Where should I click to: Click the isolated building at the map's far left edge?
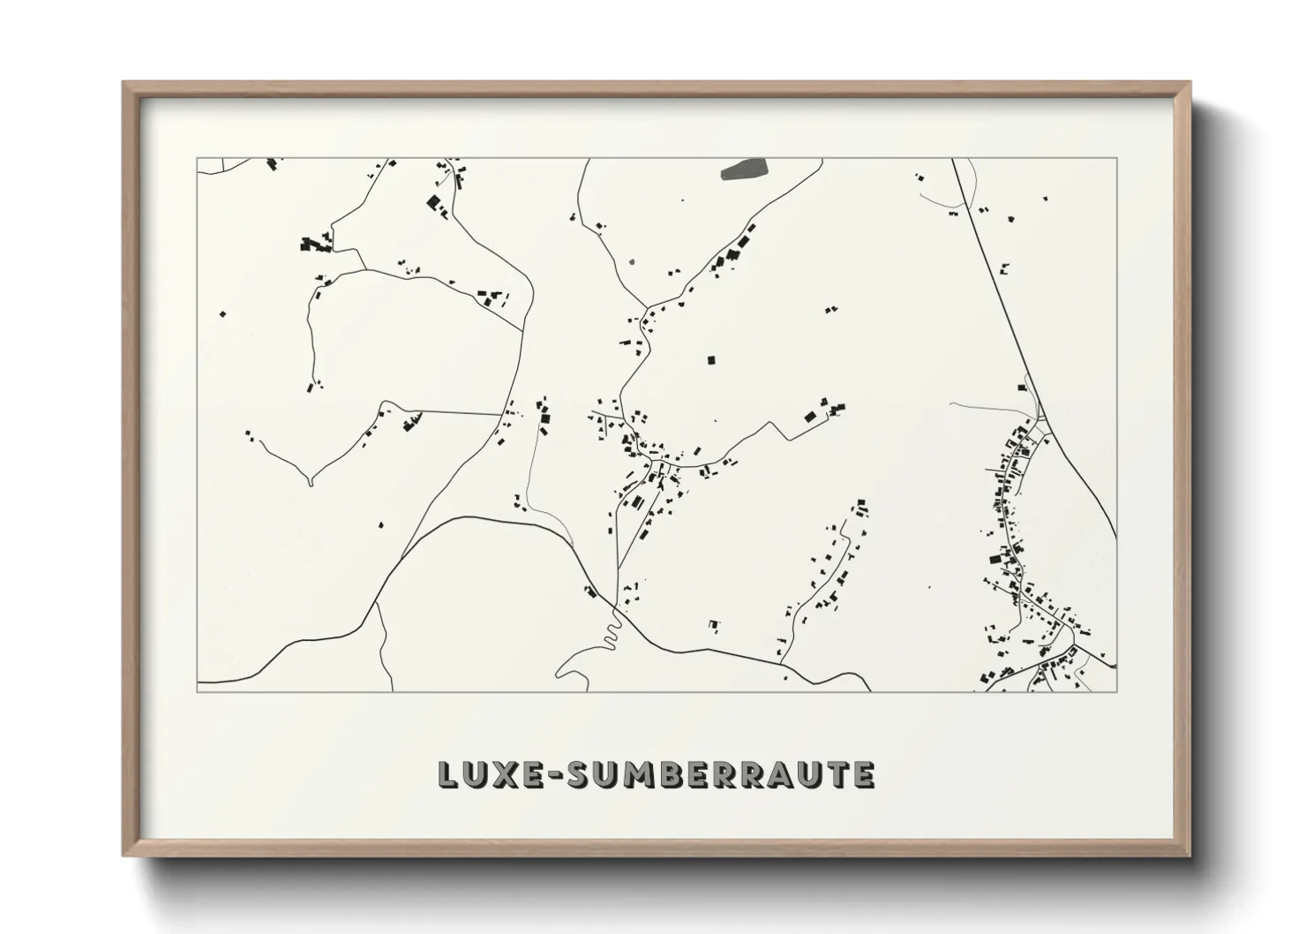coord(223,313)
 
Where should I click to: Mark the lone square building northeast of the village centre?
coord(711,360)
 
